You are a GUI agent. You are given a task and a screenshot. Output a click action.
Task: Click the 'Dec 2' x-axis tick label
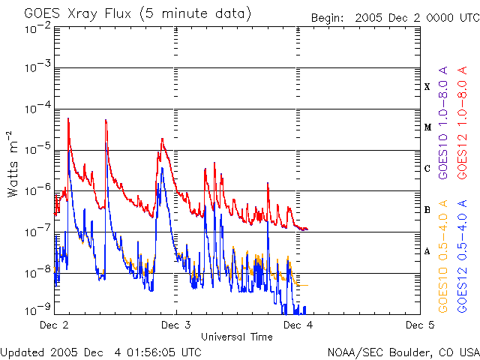[53, 325]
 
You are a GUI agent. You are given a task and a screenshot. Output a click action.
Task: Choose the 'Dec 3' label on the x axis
[176, 325]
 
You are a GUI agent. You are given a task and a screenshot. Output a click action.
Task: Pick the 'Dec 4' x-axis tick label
[298, 325]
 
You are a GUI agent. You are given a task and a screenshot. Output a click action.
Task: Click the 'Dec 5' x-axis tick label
[420, 325]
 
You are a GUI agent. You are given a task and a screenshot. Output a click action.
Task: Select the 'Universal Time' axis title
[236, 337]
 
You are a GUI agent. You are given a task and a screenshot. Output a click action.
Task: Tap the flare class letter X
[427, 87]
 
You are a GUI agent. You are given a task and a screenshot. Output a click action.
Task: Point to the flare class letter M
[427, 127]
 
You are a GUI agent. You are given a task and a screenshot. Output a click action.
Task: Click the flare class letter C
[427, 169]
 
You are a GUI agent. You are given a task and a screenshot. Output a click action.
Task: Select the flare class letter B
[427, 210]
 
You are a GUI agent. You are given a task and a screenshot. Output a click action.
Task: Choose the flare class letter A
[427, 251]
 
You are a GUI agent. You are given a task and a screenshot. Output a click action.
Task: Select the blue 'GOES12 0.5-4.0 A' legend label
[463, 256]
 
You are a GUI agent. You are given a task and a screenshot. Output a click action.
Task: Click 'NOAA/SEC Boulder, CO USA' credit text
[403, 352]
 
